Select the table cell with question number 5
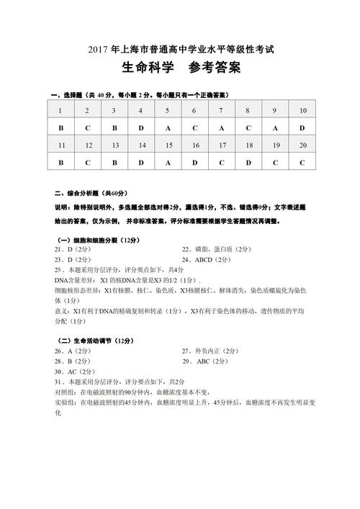click(x=166, y=110)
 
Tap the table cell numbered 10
click(x=302, y=110)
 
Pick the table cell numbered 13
click(x=114, y=145)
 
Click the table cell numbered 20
click(x=302, y=145)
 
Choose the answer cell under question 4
click(x=140, y=127)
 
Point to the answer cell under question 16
click(x=194, y=163)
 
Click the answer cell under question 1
click(x=60, y=127)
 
